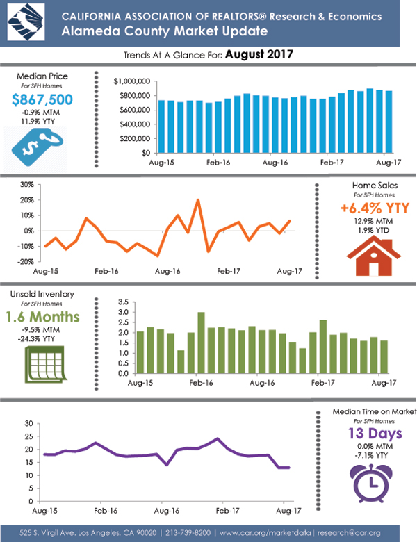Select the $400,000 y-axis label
point(134,124)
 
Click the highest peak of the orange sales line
point(197,200)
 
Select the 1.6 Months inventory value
point(42,317)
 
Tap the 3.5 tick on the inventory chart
point(124,302)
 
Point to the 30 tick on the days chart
point(28,423)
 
